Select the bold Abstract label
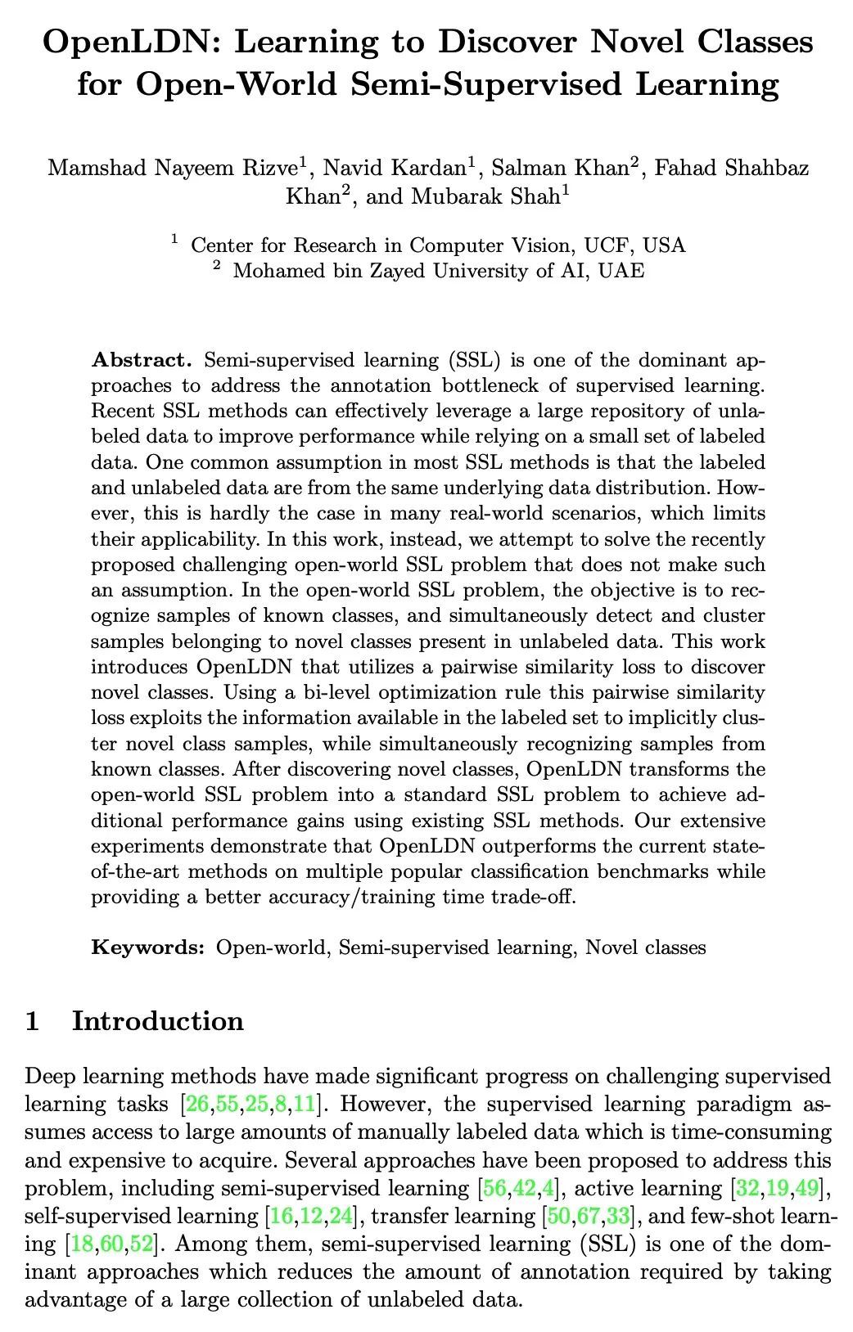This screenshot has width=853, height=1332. (x=141, y=360)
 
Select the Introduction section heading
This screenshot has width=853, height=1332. (x=158, y=1021)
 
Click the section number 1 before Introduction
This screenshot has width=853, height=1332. (x=33, y=1021)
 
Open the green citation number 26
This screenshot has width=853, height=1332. (x=196, y=1105)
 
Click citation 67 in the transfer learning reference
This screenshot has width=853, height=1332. (x=588, y=1217)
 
